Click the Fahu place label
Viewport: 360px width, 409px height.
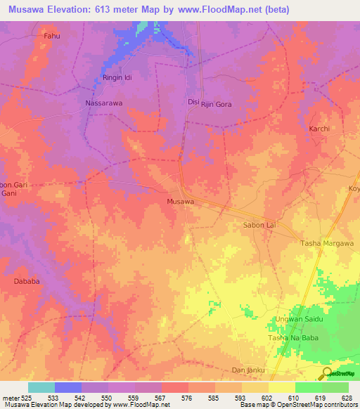tap(51, 35)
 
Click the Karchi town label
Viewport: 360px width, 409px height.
tap(319, 129)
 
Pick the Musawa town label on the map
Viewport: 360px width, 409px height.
tap(180, 202)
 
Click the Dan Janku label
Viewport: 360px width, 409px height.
tap(247, 370)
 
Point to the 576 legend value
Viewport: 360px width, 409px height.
tap(188, 398)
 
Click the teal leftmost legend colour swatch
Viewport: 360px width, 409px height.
tap(41, 387)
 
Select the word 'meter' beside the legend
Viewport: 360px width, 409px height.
tap(10, 398)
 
